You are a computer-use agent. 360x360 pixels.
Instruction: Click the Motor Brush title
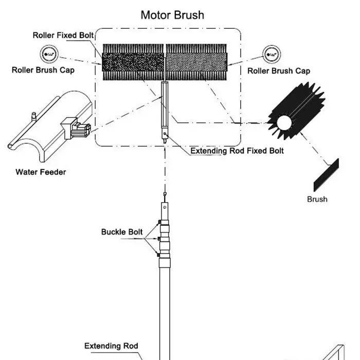point(172,15)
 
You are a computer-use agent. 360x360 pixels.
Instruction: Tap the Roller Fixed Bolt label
point(63,35)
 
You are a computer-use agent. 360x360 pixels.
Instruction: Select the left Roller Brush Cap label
point(43,70)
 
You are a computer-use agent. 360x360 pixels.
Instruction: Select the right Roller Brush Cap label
point(279,71)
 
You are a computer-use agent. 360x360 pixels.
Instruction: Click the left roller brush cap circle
point(50,53)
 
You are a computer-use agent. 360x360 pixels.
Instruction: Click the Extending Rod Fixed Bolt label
point(237,151)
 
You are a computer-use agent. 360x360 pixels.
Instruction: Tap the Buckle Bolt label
point(122,232)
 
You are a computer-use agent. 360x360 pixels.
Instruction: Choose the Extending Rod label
point(111,346)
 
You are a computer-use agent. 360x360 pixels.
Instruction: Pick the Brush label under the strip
point(317,199)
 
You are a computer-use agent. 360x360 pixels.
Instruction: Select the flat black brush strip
point(326,175)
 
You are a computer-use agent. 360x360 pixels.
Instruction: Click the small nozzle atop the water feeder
point(33,117)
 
